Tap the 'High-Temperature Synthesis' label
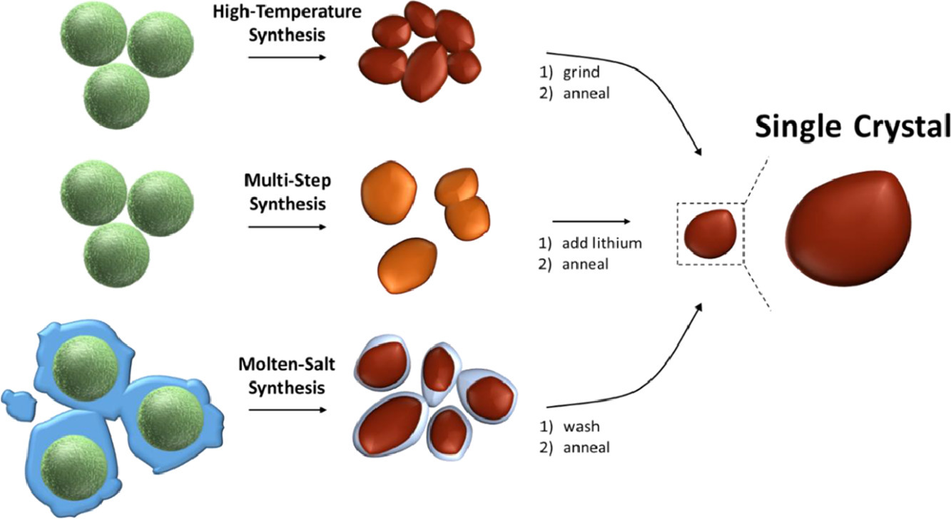click(285, 24)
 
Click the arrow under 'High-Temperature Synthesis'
click(285, 56)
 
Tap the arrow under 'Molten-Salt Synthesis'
click(285, 410)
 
